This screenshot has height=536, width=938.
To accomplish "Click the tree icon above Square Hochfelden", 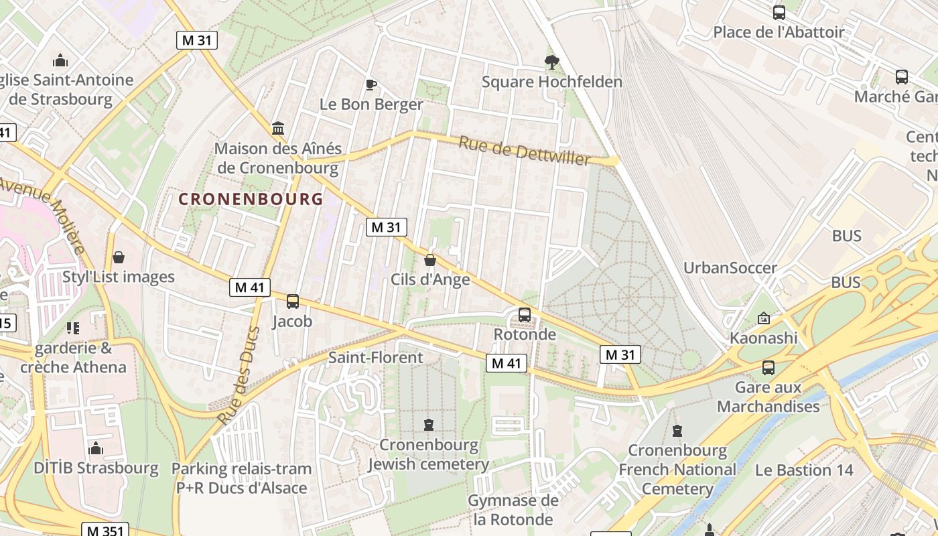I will tap(551, 62).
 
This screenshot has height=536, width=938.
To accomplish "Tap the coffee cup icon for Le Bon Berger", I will tap(371, 84).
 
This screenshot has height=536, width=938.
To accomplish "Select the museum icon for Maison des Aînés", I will tap(277, 128).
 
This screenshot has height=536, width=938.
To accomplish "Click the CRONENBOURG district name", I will tap(251, 199).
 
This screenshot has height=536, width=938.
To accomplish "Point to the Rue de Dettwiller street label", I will tap(525, 150).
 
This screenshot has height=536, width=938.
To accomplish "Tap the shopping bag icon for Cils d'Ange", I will tap(430, 260).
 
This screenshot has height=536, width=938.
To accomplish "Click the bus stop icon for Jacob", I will tap(293, 301).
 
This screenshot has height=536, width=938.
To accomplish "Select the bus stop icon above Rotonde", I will tap(525, 314).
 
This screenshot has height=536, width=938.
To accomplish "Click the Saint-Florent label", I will tap(375, 357).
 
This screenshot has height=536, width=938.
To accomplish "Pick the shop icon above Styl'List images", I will tap(119, 257).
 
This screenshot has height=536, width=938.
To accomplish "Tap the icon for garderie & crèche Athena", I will tap(73, 328).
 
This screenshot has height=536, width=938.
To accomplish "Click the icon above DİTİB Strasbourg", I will tap(96, 448).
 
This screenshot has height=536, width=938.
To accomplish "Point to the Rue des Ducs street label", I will tap(239, 375).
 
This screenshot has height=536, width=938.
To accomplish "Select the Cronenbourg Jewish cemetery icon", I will tap(429, 424).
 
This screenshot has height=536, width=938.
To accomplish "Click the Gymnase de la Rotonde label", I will tap(513, 510).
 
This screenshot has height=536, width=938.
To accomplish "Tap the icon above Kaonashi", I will tap(763, 318).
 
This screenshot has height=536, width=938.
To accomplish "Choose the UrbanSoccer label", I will tap(730, 268).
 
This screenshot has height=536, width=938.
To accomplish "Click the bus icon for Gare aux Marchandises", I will tap(768, 367).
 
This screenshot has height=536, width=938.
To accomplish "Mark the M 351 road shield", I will tap(104, 530).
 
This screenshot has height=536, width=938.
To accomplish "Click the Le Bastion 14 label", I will tap(804, 470).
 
